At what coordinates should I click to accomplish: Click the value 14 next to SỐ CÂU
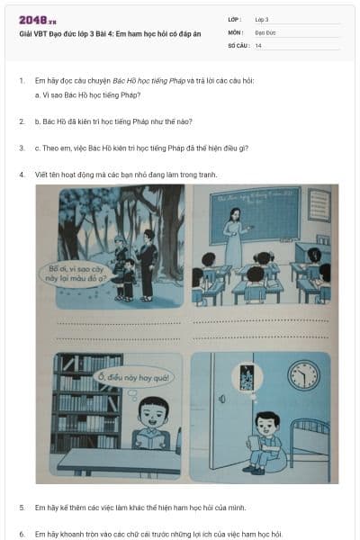click(258, 45)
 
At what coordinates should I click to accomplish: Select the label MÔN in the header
click(235, 32)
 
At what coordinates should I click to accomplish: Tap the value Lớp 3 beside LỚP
click(262, 19)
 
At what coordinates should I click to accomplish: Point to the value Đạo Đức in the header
click(265, 32)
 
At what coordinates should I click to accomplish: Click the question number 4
click(22, 175)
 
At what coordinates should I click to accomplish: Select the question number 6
click(22, 534)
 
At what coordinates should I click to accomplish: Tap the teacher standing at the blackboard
click(234, 237)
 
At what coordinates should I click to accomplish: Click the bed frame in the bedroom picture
click(309, 437)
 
